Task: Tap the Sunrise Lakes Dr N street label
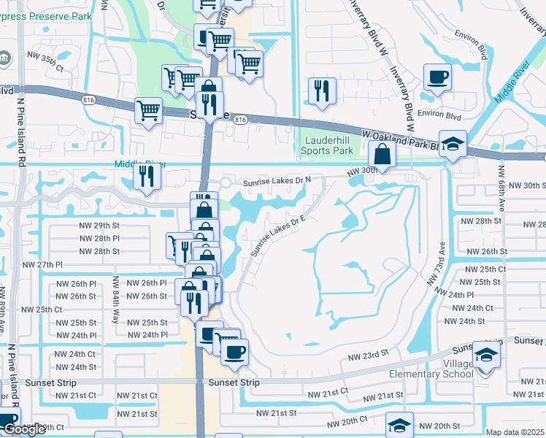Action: click(x=277, y=180)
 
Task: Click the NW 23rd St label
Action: click(x=366, y=357)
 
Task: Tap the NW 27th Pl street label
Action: click(x=43, y=264)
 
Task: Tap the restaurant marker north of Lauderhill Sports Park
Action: click(x=322, y=91)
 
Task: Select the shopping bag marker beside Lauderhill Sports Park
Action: click(x=382, y=153)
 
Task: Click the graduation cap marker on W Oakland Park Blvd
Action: click(x=453, y=144)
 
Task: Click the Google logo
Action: click(x=24, y=429)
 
